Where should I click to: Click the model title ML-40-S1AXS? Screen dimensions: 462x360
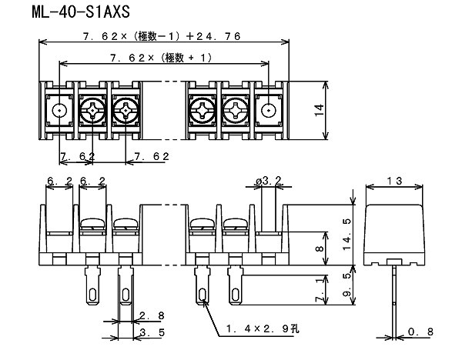81,12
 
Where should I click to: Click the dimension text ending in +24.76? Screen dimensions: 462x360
162,36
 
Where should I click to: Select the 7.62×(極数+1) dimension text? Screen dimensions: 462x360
161,58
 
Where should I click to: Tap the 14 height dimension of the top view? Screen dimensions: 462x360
319,110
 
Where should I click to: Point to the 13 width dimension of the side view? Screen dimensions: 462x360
394,181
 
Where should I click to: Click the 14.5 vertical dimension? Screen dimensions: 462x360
348,234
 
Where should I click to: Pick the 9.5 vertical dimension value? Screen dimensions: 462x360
348,284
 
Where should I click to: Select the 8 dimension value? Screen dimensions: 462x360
320,248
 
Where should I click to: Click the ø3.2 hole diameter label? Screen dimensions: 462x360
269,181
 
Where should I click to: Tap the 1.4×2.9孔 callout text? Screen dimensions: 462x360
263,328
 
